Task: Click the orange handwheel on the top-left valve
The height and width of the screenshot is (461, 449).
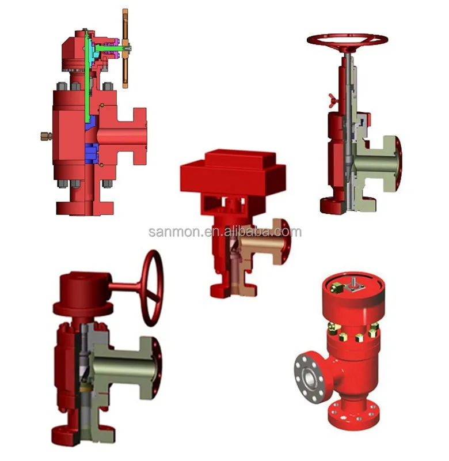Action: [x=125, y=49]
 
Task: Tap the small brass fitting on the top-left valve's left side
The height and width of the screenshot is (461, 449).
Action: [x=46, y=136]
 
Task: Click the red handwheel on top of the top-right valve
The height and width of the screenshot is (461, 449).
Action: [x=347, y=40]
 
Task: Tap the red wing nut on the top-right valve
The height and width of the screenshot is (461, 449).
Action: [x=333, y=97]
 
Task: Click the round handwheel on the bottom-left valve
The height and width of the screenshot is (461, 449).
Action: [x=153, y=288]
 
